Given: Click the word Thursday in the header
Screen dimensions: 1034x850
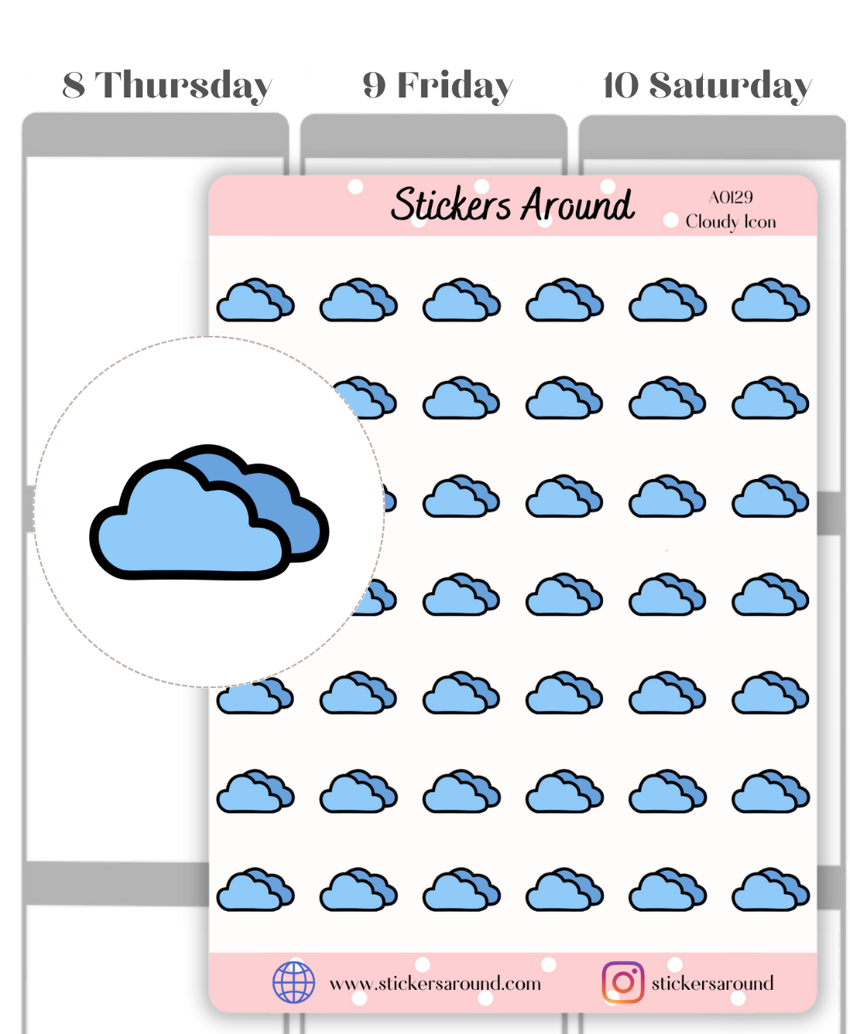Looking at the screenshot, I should click(x=183, y=86).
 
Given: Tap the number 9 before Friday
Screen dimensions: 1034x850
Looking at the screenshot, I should click(x=374, y=85).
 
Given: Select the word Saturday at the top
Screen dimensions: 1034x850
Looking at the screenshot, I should click(x=730, y=86).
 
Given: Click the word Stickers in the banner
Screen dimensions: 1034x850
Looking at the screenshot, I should click(x=451, y=205).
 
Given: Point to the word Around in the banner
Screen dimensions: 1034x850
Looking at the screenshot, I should click(x=577, y=205).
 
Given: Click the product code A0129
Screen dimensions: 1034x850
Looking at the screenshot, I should click(x=730, y=197).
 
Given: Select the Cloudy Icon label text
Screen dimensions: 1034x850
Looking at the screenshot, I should click(x=730, y=222).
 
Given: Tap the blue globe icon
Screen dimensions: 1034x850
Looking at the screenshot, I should click(x=293, y=982).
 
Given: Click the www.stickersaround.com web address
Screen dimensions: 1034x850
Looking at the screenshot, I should click(x=435, y=984).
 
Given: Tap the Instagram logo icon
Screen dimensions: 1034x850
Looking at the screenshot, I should click(x=622, y=982).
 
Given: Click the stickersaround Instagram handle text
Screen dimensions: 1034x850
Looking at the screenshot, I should click(x=712, y=983).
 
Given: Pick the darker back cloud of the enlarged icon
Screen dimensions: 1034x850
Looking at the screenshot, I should click(x=290, y=503).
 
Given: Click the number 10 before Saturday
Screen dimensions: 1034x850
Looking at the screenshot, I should click(x=621, y=85).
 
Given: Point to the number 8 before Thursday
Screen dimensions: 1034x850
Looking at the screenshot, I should click(x=74, y=85).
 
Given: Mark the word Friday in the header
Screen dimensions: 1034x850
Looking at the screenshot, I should click(x=454, y=86).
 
